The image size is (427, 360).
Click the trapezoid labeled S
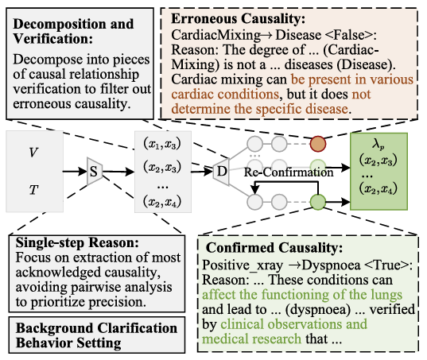tap(94, 169)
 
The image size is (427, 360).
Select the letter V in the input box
tap(33, 152)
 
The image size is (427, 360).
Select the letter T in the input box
tap(33, 190)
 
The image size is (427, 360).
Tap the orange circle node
tap(318, 143)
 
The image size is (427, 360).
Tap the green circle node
tap(318, 202)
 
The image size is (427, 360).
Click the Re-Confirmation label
tap(278, 172)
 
